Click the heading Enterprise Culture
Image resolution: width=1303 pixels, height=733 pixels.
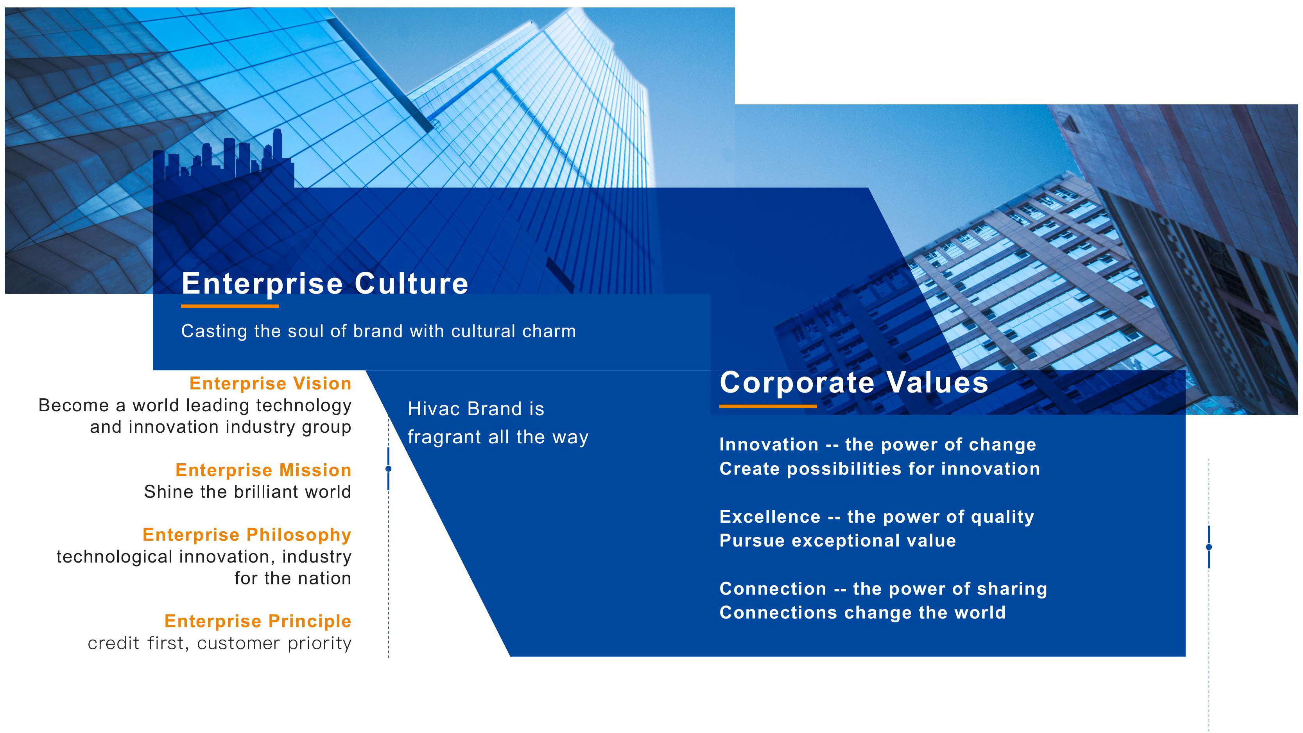325,283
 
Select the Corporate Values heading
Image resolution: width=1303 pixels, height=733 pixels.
854,382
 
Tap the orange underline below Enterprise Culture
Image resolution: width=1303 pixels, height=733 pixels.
229,306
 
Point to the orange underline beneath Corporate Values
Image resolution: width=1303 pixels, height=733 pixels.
768,406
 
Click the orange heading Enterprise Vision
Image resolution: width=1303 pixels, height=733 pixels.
270,384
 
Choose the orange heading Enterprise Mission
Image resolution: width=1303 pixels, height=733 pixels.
263,470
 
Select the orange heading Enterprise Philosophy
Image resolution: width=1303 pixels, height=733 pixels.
247,535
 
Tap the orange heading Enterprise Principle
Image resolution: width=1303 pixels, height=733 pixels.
258,621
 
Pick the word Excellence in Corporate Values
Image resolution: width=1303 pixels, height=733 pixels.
770,516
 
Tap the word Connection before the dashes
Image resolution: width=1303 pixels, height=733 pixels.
773,589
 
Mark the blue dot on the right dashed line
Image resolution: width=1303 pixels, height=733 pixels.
1209,547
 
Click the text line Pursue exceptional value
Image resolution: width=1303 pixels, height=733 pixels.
838,541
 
